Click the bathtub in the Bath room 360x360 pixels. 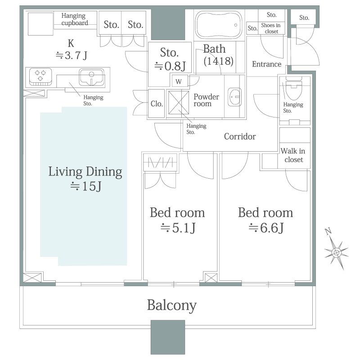[218, 25]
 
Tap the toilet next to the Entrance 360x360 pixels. [294, 88]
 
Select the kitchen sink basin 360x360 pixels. [91, 77]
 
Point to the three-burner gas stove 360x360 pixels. [40, 76]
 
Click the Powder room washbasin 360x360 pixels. [234, 97]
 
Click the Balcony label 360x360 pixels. [172, 306]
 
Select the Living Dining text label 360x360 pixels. [85, 172]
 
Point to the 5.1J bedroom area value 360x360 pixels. [178, 228]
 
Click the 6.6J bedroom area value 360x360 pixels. [266, 228]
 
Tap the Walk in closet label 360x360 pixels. [293, 155]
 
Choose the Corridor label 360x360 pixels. [240, 136]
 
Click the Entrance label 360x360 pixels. [266, 64]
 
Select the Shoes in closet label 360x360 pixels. [271, 28]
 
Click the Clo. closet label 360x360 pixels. [157, 104]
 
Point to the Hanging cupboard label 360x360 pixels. [75, 19]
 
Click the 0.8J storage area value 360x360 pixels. [170, 66]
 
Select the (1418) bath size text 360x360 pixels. [218, 61]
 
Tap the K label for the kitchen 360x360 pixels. [71, 43]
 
